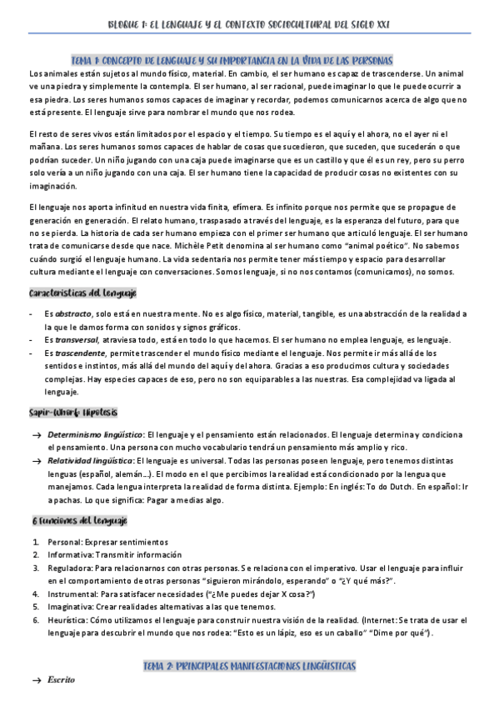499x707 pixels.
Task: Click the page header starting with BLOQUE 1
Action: pos(248,25)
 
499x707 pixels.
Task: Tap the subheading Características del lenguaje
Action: pos(82,293)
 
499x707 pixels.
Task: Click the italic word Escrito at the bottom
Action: pos(62,679)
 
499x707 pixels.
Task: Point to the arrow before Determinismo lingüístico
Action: pos(36,434)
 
